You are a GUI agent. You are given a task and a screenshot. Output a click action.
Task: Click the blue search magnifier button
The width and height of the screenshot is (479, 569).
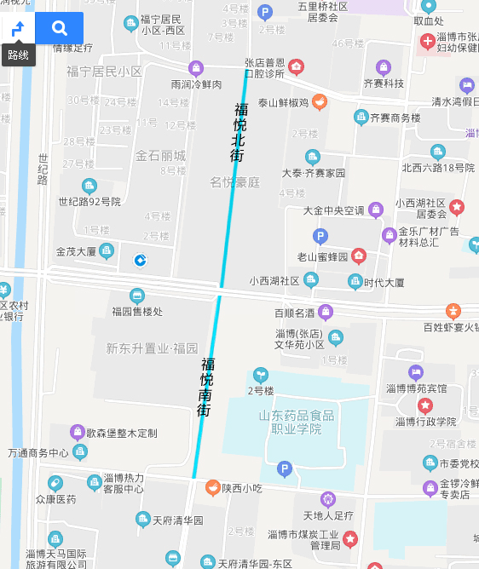pos(59,28)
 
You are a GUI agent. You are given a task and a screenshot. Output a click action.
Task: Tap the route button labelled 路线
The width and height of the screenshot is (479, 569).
pos(18,38)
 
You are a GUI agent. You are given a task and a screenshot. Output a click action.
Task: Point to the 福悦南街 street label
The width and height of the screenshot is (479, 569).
pos(205,386)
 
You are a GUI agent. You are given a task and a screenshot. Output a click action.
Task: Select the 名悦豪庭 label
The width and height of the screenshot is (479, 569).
pos(234,181)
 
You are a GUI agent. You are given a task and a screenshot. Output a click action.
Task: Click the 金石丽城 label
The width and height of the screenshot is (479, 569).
pos(160,156)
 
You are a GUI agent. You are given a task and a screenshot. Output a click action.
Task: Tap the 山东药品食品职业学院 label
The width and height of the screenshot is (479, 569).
pos(296,422)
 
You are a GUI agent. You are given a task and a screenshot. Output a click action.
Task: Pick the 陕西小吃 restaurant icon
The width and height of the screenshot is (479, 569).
pos(212,488)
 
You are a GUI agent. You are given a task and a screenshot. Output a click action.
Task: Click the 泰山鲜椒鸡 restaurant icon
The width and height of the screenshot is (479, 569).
pos(319,102)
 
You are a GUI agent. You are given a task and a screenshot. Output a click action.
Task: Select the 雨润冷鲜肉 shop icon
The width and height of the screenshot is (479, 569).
pos(196,68)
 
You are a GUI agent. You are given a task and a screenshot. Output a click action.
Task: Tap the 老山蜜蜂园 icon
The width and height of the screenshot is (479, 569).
pos(359,256)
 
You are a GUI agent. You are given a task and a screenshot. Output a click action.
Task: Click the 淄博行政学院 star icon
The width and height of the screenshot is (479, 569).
pos(424,405)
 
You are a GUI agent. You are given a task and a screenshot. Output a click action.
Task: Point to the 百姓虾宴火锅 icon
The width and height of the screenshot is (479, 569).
pos(453,311)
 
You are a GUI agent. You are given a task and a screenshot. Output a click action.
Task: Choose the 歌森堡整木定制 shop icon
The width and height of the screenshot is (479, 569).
pos(78,432)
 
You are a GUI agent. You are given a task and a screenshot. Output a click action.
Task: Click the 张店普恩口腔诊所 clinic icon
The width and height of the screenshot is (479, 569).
pos(296,67)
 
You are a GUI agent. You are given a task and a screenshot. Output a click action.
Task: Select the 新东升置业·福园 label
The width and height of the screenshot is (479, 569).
pos(152,348)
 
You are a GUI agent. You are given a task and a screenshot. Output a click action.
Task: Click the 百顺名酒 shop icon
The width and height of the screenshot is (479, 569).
pos(326,312)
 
